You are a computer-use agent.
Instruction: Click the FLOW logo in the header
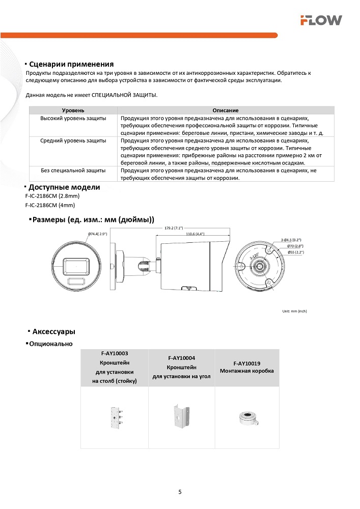(320, 20)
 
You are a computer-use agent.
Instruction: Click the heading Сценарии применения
(71, 64)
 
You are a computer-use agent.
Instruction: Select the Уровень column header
(73, 110)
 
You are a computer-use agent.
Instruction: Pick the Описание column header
(226, 110)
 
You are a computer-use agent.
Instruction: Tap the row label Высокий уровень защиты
(73, 118)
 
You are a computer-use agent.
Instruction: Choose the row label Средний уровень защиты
(73, 140)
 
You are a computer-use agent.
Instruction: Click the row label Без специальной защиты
(73, 171)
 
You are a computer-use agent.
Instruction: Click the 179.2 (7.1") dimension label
(174, 229)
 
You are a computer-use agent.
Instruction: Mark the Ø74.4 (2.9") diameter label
(97, 234)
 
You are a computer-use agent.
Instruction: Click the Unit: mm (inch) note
(294, 311)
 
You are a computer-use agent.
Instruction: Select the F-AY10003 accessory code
(115, 353)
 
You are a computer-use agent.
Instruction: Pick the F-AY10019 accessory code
(247, 363)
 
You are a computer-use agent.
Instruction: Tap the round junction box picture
(247, 418)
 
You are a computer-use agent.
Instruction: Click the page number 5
(180, 492)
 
